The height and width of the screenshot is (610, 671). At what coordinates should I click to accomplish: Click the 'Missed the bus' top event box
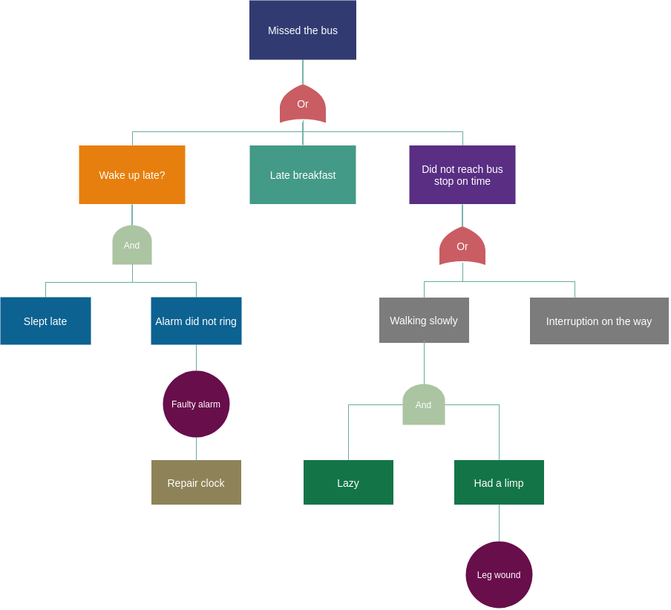[303, 30]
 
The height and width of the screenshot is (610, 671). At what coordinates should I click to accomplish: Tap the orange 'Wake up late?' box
[132, 174]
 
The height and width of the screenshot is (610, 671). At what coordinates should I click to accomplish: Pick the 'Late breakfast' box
[303, 174]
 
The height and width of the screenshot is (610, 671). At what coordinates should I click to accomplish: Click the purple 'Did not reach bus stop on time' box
[462, 174]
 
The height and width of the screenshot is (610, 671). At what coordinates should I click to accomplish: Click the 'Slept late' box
[45, 321]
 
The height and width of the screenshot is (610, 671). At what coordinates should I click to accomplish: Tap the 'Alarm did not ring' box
[196, 321]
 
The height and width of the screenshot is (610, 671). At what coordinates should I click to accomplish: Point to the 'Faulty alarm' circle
[196, 404]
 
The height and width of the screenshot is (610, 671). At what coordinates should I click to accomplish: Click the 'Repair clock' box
[196, 482]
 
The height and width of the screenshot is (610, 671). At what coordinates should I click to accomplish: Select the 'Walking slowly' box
[424, 320]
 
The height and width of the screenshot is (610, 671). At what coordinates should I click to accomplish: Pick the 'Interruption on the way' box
[599, 321]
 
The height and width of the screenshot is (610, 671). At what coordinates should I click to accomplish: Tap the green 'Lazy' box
[348, 482]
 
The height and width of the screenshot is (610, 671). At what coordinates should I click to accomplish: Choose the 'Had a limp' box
[499, 482]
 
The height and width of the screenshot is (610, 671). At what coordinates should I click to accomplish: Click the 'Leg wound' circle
[499, 574]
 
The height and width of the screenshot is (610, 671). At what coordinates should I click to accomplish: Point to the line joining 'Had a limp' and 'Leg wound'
[499, 523]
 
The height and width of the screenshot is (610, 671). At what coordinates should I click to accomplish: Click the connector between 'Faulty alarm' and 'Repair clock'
[196, 448]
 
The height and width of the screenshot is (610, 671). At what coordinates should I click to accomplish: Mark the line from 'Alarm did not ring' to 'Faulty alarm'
[196, 358]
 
